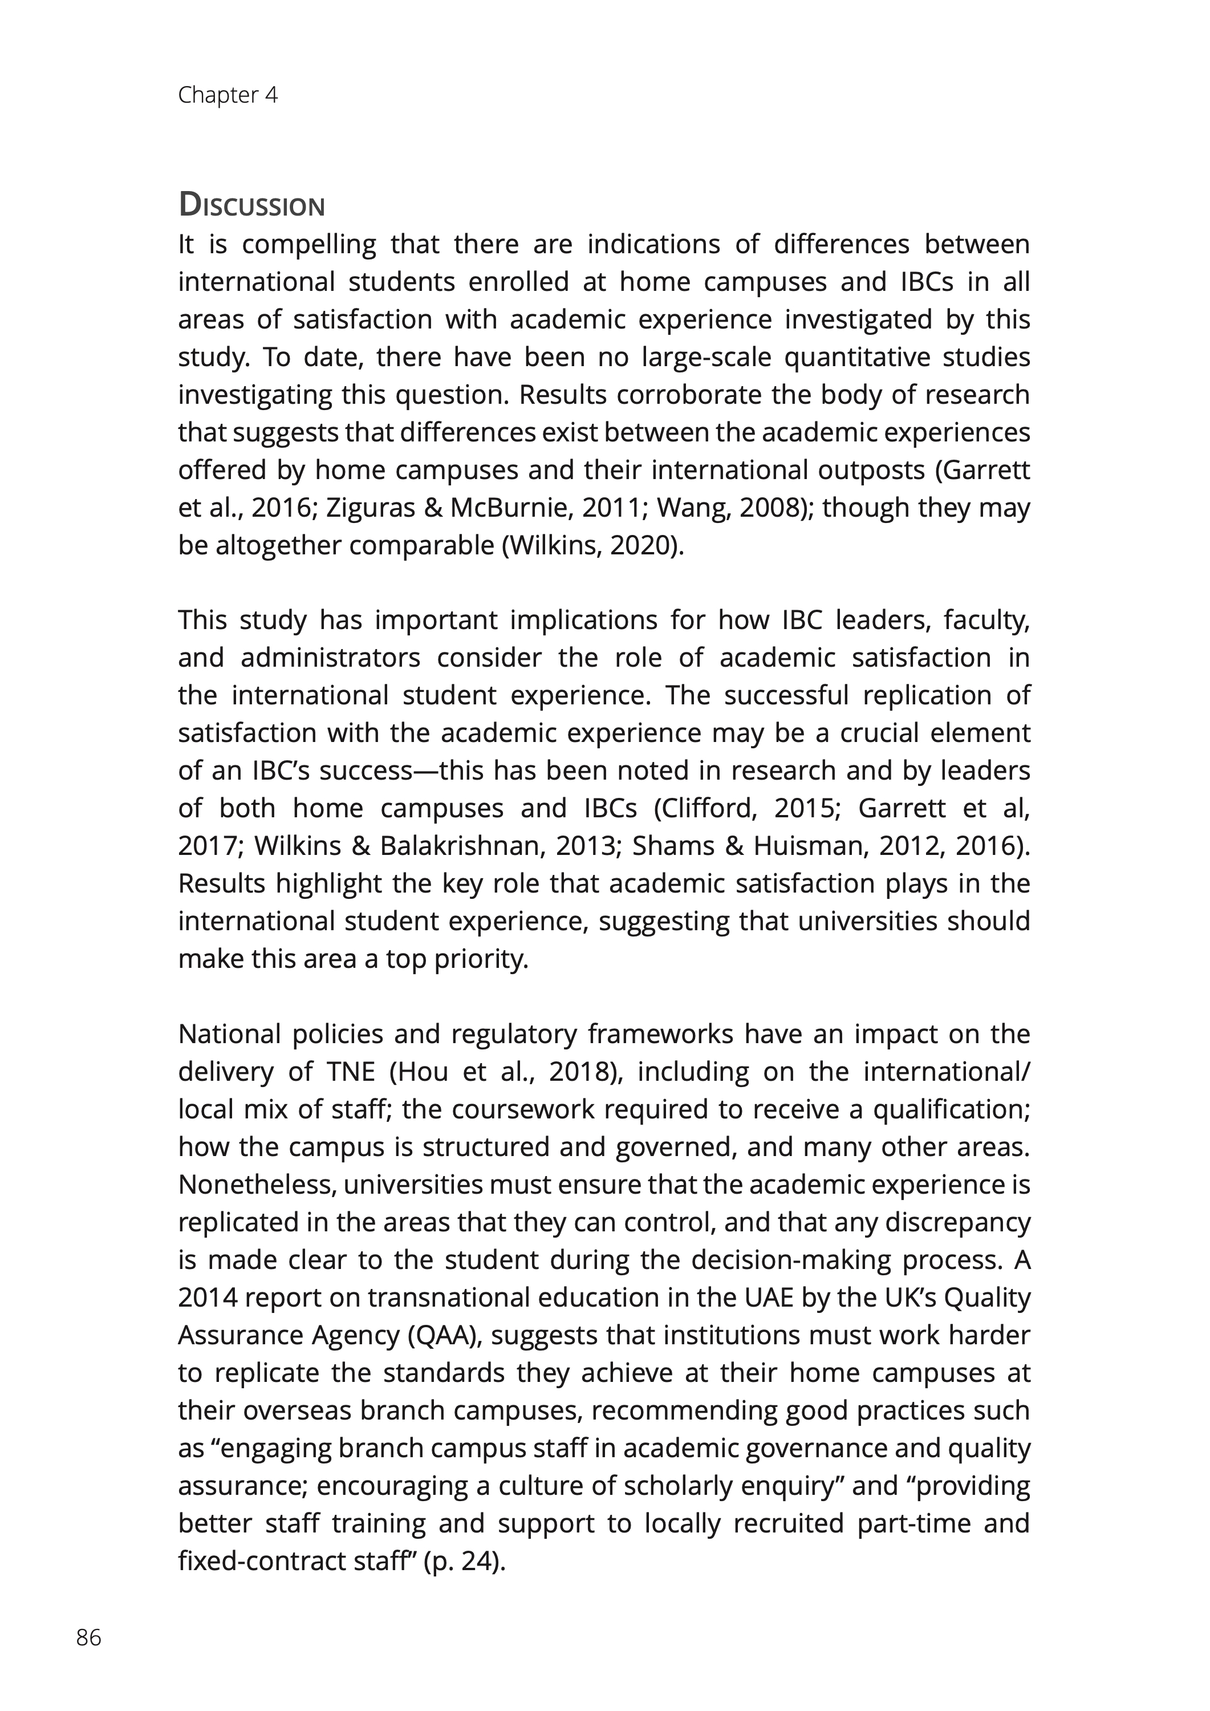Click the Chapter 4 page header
[x=228, y=95]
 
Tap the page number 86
[x=88, y=1637]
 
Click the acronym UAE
[x=768, y=1298]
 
